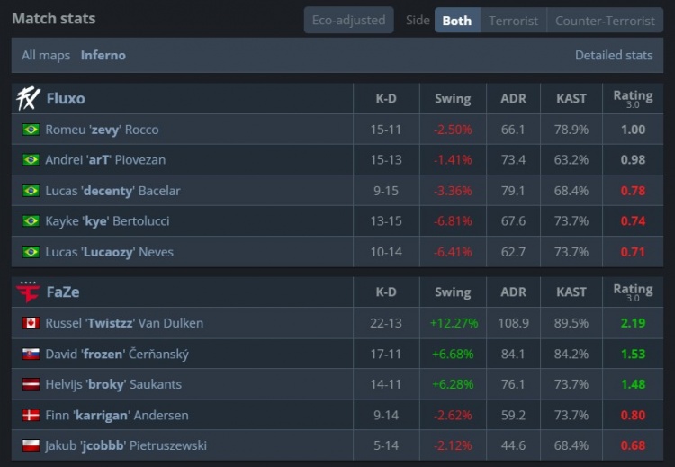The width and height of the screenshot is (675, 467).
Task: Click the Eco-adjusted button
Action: (x=348, y=20)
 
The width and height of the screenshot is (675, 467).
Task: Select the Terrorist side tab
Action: (x=513, y=20)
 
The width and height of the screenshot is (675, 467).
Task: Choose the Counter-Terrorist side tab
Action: (x=605, y=20)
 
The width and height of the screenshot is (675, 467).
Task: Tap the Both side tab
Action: (x=457, y=20)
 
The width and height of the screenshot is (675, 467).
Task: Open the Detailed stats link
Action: (x=614, y=55)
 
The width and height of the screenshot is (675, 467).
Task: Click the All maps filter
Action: (x=46, y=55)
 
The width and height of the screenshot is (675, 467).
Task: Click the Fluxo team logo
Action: (x=29, y=98)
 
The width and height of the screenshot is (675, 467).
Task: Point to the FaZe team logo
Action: (x=29, y=292)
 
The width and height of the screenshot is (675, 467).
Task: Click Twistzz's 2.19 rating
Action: (x=633, y=323)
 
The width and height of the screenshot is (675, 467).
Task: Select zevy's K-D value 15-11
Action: (x=385, y=130)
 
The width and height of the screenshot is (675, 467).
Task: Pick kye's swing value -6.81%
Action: (x=452, y=221)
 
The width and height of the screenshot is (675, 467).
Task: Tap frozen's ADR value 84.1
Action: (x=513, y=354)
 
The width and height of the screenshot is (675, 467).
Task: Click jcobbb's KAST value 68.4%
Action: (x=571, y=445)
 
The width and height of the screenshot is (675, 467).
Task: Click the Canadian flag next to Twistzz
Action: (x=31, y=323)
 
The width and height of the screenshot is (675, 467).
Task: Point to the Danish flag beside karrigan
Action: (x=31, y=415)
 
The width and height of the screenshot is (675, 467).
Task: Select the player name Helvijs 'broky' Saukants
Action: (x=113, y=384)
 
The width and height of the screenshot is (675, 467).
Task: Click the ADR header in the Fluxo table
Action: (x=513, y=98)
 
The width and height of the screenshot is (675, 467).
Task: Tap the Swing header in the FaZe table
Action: (x=452, y=292)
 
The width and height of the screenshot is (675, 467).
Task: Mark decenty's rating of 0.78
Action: (x=633, y=191)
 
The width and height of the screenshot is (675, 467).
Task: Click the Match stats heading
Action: (x=53, y=18)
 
